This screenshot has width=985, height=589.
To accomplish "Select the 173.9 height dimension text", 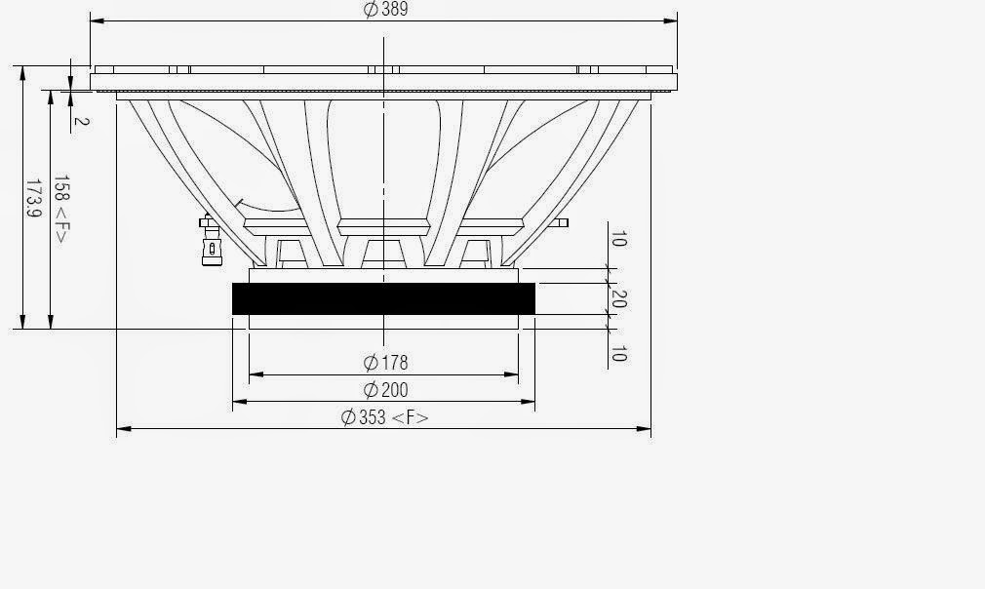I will coord(31,198).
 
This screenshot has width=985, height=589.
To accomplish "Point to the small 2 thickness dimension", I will coord(81,122).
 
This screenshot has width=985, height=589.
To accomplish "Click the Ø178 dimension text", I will coord(385,363).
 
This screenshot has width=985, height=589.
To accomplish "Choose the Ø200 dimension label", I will coord(385,390).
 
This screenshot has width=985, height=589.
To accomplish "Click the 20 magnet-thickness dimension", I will coord(617,299).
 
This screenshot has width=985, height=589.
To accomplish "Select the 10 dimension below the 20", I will coord(617,353).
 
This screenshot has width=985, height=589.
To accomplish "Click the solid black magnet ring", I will coord(383,298).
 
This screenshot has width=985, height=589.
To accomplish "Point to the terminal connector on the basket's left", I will coord(208,242).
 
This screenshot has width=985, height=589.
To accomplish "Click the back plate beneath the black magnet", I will coord(383,322).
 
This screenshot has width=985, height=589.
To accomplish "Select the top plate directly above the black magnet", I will coord(383,275).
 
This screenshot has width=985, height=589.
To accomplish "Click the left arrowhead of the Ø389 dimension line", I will coord(95,19).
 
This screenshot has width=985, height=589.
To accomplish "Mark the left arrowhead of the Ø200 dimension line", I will coord(237,401).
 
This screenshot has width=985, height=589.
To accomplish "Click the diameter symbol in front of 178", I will coord(371,363).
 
